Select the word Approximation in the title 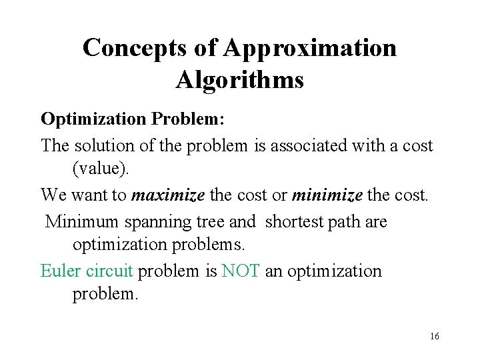click(x=310, y=48)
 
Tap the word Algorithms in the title click(x=240, y=80)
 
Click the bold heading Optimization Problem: click(x=133, y=119)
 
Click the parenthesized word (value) click(x=102, y=169)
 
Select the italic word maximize click(x=169, y=195)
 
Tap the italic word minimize click(x=327, y=195)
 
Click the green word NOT click(x=241, y=271)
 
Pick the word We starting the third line click(x=53, y=195)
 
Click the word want click(x=87, y=195)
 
